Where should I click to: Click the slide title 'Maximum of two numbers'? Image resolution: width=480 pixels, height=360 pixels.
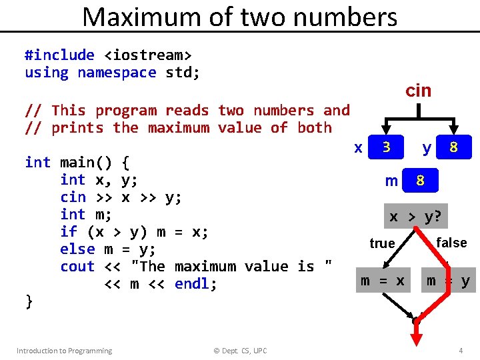click(239, 17)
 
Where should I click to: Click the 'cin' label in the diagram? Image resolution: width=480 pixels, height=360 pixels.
click(419, 91)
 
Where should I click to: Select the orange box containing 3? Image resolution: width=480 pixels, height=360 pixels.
click(386, 147)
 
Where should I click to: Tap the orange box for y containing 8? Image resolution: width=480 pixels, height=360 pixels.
click(453, 147)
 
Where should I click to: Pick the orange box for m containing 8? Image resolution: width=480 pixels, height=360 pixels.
click(420, 181)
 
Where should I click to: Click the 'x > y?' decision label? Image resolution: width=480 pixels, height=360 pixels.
click(418, 217)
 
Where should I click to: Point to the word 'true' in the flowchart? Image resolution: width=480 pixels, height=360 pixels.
click(382, 243)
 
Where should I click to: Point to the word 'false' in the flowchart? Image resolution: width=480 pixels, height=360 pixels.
click(451, 243)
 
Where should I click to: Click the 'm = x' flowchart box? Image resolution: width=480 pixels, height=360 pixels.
click(382, 281)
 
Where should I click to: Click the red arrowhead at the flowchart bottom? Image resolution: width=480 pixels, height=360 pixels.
click(417, 340)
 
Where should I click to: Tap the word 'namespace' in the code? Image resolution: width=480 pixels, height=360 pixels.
click(117, 73)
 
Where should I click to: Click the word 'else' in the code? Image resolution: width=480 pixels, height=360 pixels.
click(77, 249)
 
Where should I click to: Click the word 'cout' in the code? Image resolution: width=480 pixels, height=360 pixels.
click(77, 267)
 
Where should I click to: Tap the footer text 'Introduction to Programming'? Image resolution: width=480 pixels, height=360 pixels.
click(64, 351)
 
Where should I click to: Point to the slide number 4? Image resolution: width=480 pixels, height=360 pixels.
click(461, 351)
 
